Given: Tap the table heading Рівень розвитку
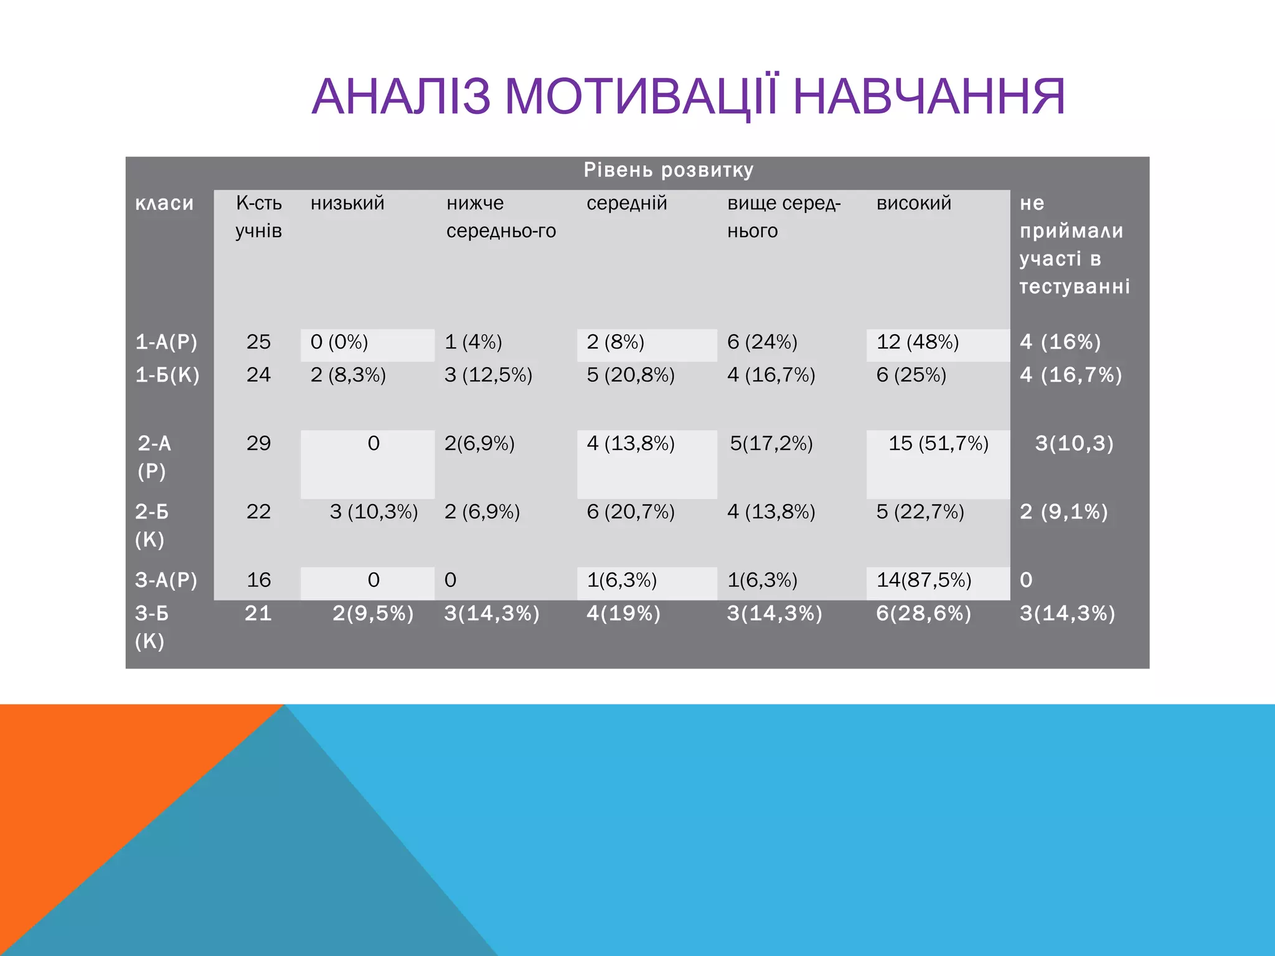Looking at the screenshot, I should point(668,170).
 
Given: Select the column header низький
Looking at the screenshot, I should point(347,203).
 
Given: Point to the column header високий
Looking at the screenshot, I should point(913,203).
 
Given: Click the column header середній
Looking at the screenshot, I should point(626,203).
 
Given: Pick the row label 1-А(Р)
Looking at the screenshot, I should point(166,342).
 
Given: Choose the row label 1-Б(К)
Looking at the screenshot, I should point(167,375).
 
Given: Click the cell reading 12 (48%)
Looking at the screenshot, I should point(917,342).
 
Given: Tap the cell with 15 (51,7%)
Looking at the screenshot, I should point(938,443).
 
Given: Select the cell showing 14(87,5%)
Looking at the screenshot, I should point(923,580).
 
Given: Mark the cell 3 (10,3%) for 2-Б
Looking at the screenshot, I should point(374,512).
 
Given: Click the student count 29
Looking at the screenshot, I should point(258,443).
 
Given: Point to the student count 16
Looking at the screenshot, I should point(258,580).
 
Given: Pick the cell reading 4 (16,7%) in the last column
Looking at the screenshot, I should point(1070,375).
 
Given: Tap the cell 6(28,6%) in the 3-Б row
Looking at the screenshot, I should point(923,614).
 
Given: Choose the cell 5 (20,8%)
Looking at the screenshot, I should point(630,375).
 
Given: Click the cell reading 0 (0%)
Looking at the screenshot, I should point(339,342).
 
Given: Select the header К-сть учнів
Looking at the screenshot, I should point(258,217).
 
